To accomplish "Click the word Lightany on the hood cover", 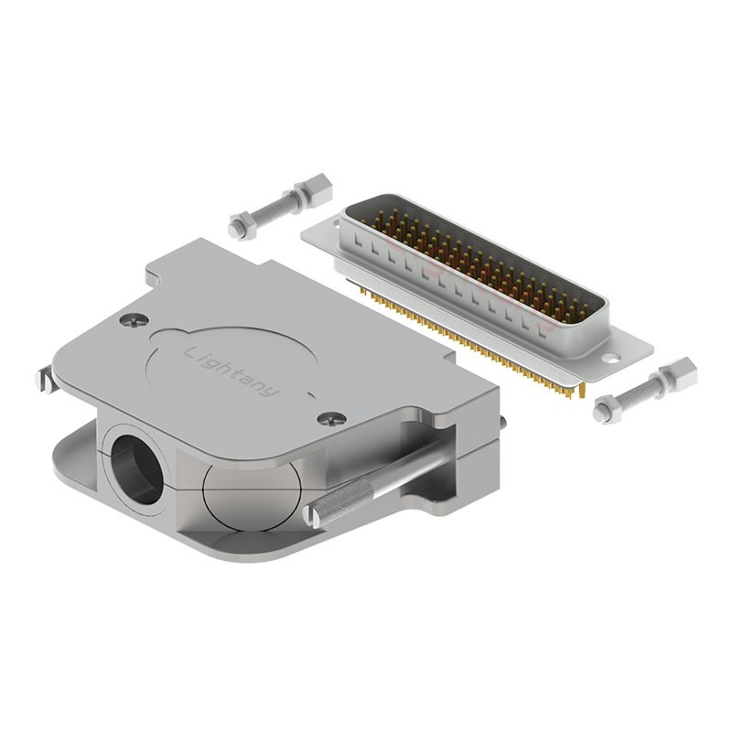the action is tap(232, 371).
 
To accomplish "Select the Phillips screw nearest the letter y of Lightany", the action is tap(332, 419).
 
